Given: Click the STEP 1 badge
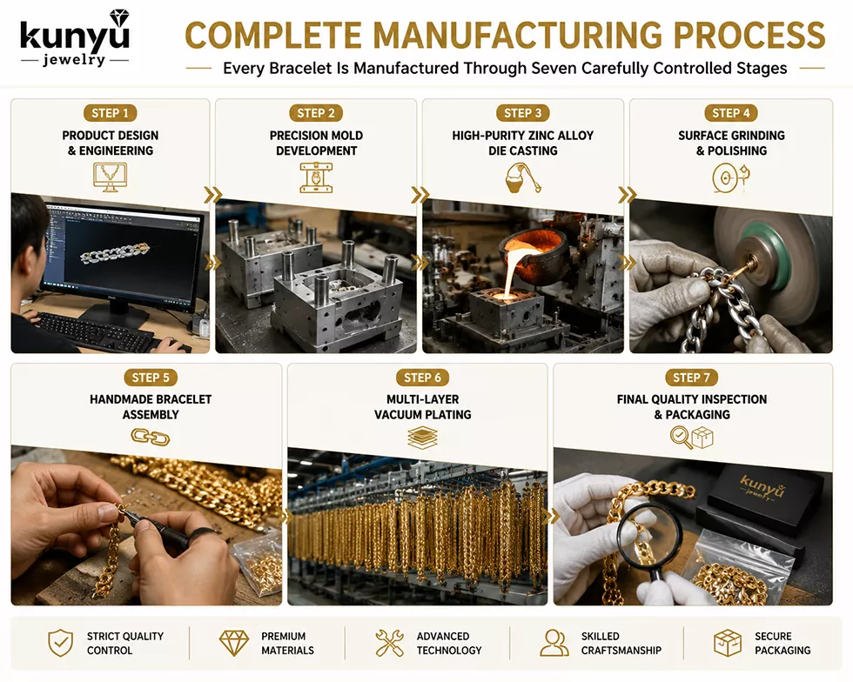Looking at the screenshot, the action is [110, 113].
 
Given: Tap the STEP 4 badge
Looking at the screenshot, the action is [730, 113].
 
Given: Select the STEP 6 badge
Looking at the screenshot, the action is [422, 378].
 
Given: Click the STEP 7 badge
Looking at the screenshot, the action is [691, 378].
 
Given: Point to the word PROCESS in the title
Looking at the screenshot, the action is [749, 36].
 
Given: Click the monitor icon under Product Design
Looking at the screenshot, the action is [110, 177].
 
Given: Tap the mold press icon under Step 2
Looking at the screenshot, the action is [316, 177].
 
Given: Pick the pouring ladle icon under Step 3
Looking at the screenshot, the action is [523, 177].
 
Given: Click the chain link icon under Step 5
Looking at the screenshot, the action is [150, 437].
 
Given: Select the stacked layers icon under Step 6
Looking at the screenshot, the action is [423, 438].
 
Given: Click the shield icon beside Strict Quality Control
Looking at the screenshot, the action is [60, 643].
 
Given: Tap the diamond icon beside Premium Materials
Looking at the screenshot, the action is [234, 643].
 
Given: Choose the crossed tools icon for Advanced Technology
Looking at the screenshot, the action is [390, 643].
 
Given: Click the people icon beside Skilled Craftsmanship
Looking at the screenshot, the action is [554, 643].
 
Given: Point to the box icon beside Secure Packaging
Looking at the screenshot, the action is [728, 643].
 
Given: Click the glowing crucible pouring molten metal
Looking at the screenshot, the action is [533, 251].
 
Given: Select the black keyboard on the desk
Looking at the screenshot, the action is [97, 330].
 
